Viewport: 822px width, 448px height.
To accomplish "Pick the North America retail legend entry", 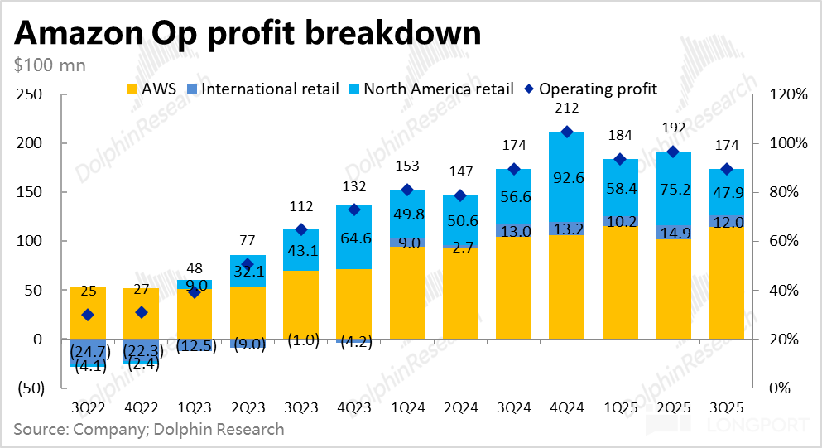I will [430, 88].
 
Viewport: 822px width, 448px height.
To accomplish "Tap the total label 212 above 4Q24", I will [567, 108].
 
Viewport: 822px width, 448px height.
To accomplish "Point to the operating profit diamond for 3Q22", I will [88, 315].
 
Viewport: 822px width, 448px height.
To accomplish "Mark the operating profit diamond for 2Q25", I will [672, 152].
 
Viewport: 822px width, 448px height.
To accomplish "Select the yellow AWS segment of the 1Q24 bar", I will [407, 292].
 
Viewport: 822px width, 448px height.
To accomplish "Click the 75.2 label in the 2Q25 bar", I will [672, 187].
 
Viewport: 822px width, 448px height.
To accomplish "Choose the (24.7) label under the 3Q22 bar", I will [88, 350].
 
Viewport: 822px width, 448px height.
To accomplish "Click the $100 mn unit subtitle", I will [49, 65].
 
